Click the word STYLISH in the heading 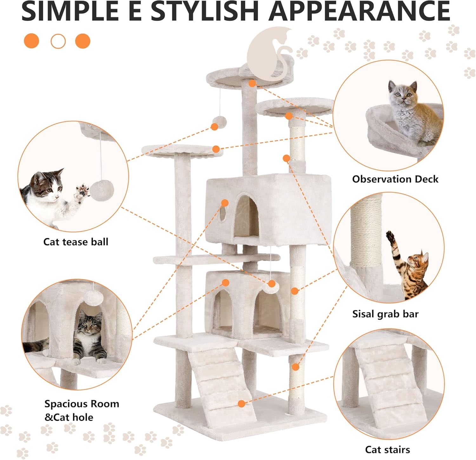[205, 11]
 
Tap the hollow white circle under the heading [58, 41]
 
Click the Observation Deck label [395, 179]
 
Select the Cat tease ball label [76, 242]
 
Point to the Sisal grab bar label [385, 314]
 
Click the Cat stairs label [387, 450]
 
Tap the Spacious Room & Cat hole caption [82, 410]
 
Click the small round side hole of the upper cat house [223, 214]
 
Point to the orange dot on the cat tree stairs [241, 404]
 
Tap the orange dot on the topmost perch [252, 83]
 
